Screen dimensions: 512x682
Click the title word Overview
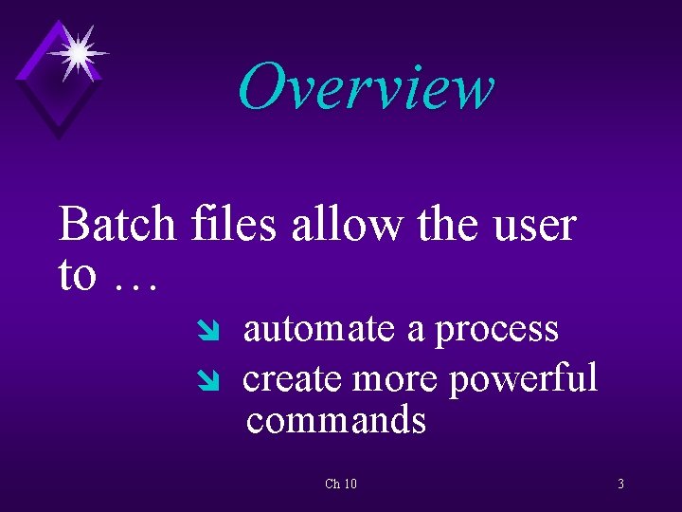(366, 87)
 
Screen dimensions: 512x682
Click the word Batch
(117, 226)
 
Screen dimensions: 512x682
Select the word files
(233, 226)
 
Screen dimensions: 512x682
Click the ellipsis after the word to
(135, 277)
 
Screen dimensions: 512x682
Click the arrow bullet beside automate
(211, 331)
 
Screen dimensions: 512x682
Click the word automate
(318, 329)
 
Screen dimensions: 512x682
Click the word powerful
(523, 379)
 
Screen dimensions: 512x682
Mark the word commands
(335, 420)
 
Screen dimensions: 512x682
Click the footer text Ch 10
(341, 485)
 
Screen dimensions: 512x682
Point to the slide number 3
(620, 485)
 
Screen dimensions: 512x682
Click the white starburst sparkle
(77, 51)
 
